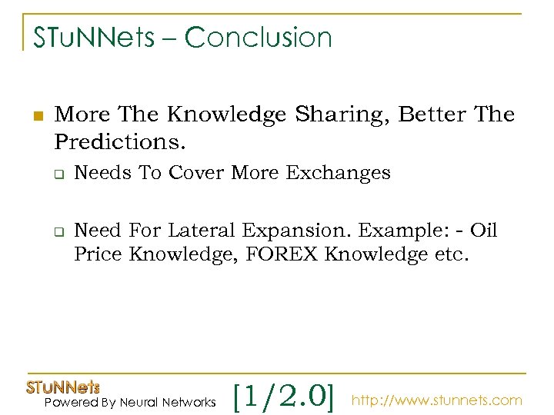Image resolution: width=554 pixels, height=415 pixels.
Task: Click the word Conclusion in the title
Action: pos(259,37)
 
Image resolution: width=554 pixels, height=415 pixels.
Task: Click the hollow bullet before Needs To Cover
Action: pos(58,174)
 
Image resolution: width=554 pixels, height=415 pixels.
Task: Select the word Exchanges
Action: pos(339,174)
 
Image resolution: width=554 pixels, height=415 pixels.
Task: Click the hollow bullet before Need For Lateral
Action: pos(58,231)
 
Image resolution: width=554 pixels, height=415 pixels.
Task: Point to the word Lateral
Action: pos(202,231)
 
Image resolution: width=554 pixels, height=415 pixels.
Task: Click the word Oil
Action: pos(484,231)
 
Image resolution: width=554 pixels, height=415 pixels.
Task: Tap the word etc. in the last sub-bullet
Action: pos(449,254)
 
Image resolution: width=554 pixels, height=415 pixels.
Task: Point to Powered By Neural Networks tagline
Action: pos(130,402)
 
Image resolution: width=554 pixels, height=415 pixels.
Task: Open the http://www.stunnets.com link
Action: pos(436,400)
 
